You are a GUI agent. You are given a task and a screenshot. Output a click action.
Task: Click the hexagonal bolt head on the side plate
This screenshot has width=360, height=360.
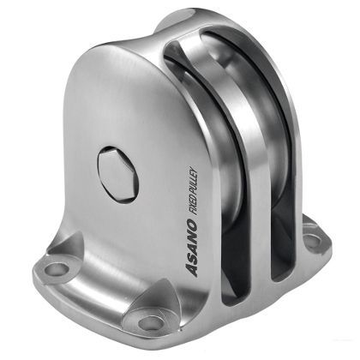click(118, 175)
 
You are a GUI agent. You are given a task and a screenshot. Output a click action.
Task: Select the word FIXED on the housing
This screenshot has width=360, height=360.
click(193, 205)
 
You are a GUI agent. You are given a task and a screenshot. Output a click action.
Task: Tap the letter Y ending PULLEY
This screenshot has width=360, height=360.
click(195, 170)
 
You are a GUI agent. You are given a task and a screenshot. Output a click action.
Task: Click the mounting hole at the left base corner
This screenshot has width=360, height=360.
click(57, 269)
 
